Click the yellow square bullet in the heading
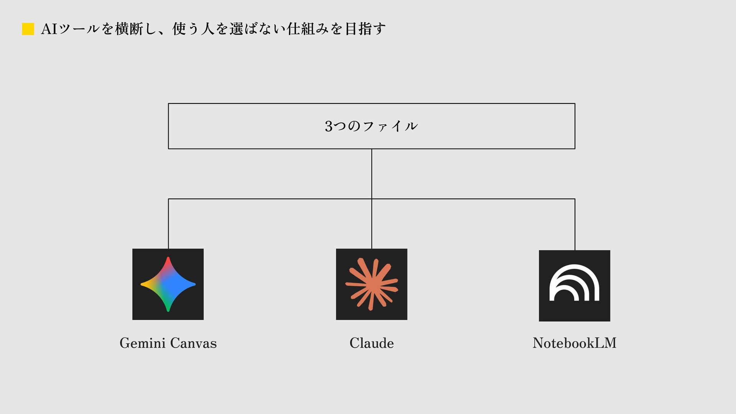[28, 29]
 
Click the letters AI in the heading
[49, 29]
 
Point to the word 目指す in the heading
[365, 29]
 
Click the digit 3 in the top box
[329, 126]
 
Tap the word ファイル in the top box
[390, 126]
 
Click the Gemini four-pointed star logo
[168, 284]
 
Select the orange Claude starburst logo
[371, 284]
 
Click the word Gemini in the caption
[142, 343]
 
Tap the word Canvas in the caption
[193, 343]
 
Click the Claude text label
[371, 343]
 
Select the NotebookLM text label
[574, 343]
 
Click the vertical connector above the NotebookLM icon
[575, 224]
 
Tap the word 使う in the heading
[186, 29]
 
